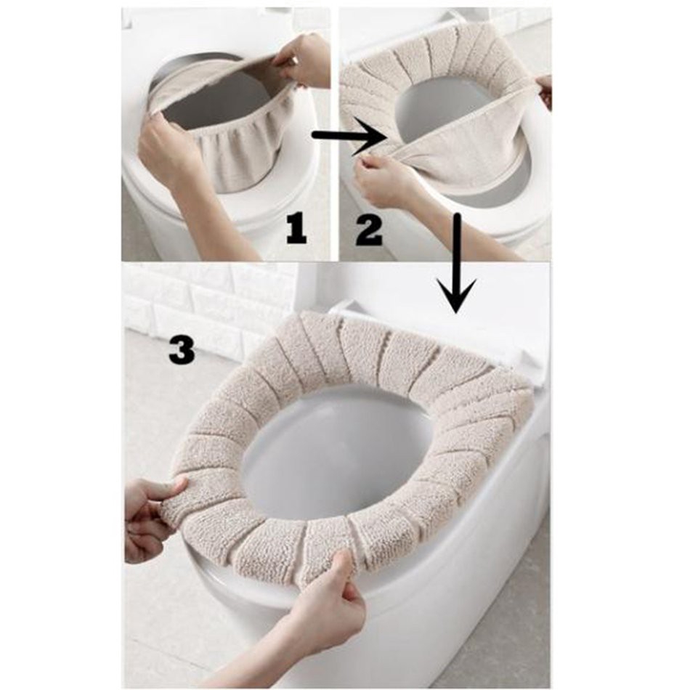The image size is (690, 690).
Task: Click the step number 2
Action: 369,231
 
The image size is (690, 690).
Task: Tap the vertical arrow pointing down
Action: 458,263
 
